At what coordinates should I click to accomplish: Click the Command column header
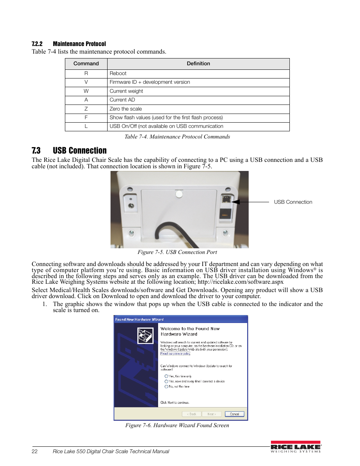(86, 64)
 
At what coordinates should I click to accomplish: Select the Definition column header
(198, 64)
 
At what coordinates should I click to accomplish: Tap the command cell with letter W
(86, 91)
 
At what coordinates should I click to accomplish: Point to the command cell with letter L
(86, 126)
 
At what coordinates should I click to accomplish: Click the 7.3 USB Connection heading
(69, 151)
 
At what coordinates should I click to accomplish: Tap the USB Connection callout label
(293, 202)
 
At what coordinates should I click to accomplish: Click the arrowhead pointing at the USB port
(235, 202)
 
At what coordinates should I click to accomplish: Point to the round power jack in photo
(131, 206)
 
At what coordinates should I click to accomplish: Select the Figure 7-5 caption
(177, 252)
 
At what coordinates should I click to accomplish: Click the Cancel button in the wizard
(234, 414)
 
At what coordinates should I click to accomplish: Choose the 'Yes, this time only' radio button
(166, 376)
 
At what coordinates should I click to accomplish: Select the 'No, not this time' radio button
(166, 386)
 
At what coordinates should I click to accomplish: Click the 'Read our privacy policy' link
(175, 354)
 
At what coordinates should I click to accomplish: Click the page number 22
(35, 451)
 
